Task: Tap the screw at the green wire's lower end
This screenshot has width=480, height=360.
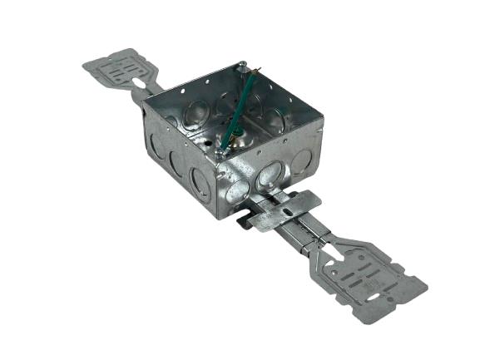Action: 220,150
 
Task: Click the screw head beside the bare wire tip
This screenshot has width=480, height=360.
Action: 241,66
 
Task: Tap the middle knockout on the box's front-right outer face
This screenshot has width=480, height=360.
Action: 270,175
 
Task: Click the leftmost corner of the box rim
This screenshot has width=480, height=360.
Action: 144,100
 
